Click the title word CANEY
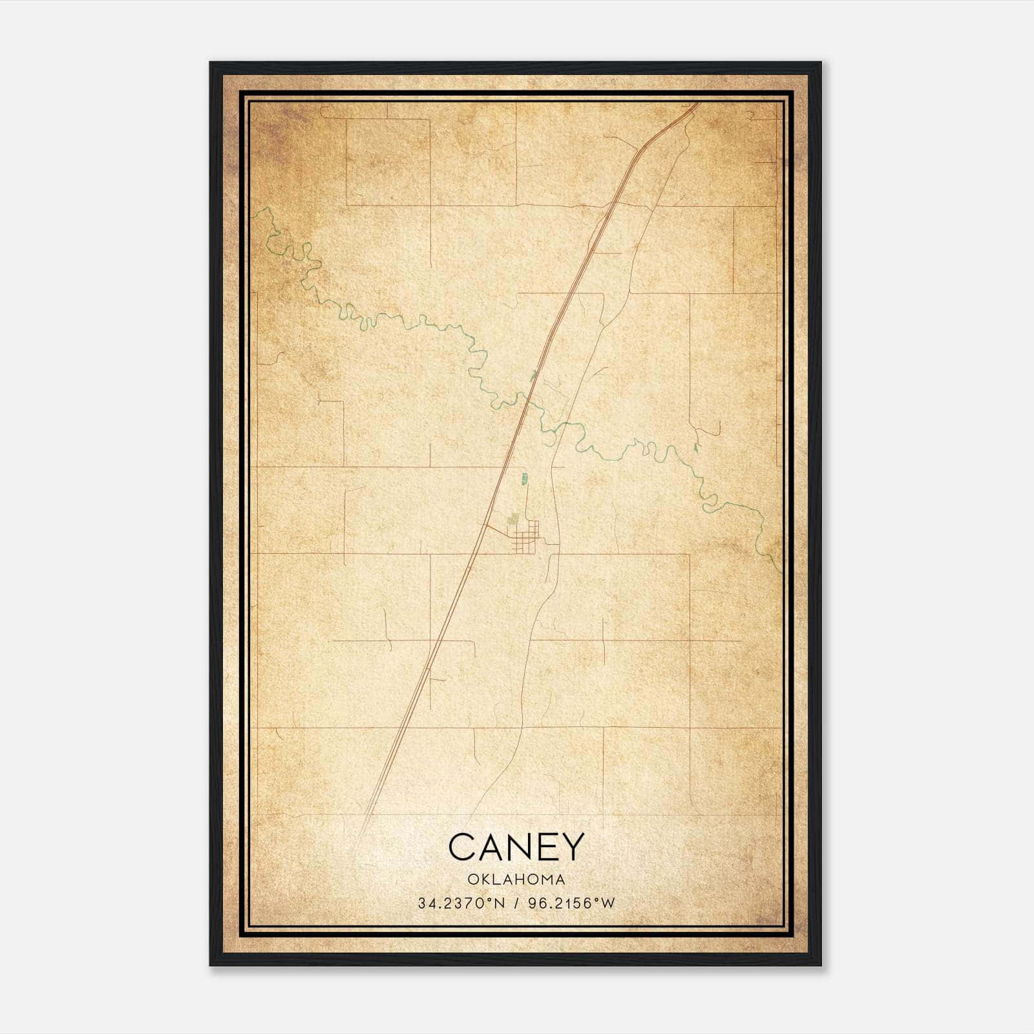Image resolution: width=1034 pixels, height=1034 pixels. coord(516,847)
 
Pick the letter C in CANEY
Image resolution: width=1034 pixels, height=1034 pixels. coord(461,847)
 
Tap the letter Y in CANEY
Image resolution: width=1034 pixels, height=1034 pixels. coord(573,847)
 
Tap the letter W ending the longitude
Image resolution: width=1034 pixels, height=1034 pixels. coord(607,903)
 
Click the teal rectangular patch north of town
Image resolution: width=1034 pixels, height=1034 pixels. coord(524,479)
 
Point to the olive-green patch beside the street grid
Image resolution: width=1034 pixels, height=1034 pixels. coord(514,518)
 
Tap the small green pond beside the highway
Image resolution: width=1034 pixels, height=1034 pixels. coord(533,375)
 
